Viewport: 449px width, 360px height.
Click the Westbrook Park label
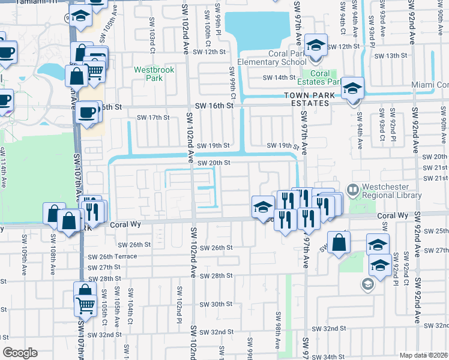click(154, 74)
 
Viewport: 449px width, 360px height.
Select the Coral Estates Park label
click(318, 77)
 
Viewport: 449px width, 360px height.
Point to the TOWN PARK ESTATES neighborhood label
click(307, 99)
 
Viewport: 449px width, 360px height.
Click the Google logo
click(20, 352)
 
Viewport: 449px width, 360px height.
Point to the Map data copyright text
click(423, 355)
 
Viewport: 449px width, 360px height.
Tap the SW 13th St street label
click(390, 56)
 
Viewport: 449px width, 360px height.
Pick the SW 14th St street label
click(279, 78)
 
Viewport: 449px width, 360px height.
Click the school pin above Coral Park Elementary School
click(315, 45)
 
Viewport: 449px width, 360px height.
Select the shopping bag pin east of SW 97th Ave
click(339, 243)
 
